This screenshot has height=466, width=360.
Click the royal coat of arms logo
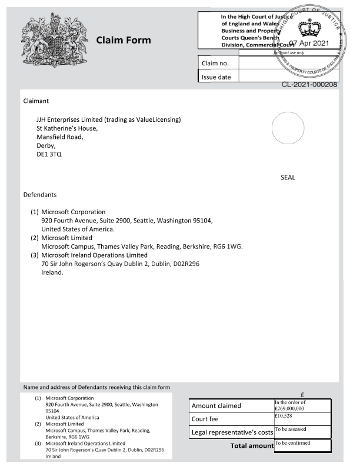point(53,39)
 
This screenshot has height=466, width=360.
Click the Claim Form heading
point(124,40)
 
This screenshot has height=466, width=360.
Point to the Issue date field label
point(216,76)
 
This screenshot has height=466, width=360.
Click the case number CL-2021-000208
point(309,85)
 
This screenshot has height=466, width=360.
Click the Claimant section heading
point(36,101)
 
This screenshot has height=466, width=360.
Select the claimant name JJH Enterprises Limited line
point(109,120)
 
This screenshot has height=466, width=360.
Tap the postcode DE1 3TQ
point(49,154)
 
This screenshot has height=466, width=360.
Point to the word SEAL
point(288,177)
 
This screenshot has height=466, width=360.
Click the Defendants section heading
point(40,194)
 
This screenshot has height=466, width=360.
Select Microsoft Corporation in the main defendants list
point(74,212)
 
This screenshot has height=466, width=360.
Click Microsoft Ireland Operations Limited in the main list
point(94,255)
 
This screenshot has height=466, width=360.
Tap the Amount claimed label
point(216,406)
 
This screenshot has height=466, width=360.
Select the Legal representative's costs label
point(232,433)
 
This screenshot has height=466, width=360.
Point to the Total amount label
point(252,446)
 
